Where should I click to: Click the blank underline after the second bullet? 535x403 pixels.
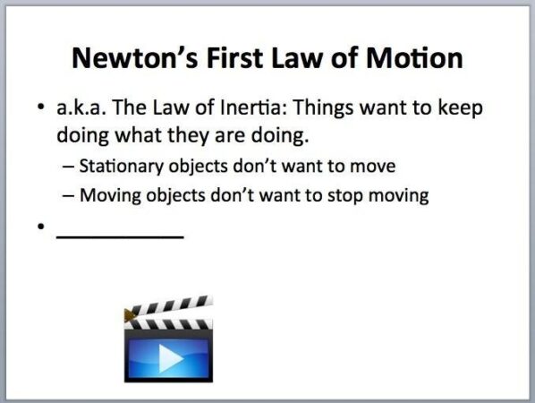(x=120, y=236)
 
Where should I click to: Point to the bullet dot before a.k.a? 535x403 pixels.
(x=41, y=109)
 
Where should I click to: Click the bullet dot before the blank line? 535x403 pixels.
(x=41, y=227)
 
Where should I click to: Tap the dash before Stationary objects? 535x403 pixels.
(x=68, y=167)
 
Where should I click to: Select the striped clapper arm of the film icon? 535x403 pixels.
(x=170, y=308)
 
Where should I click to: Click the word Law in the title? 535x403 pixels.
(x=294, y=59)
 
